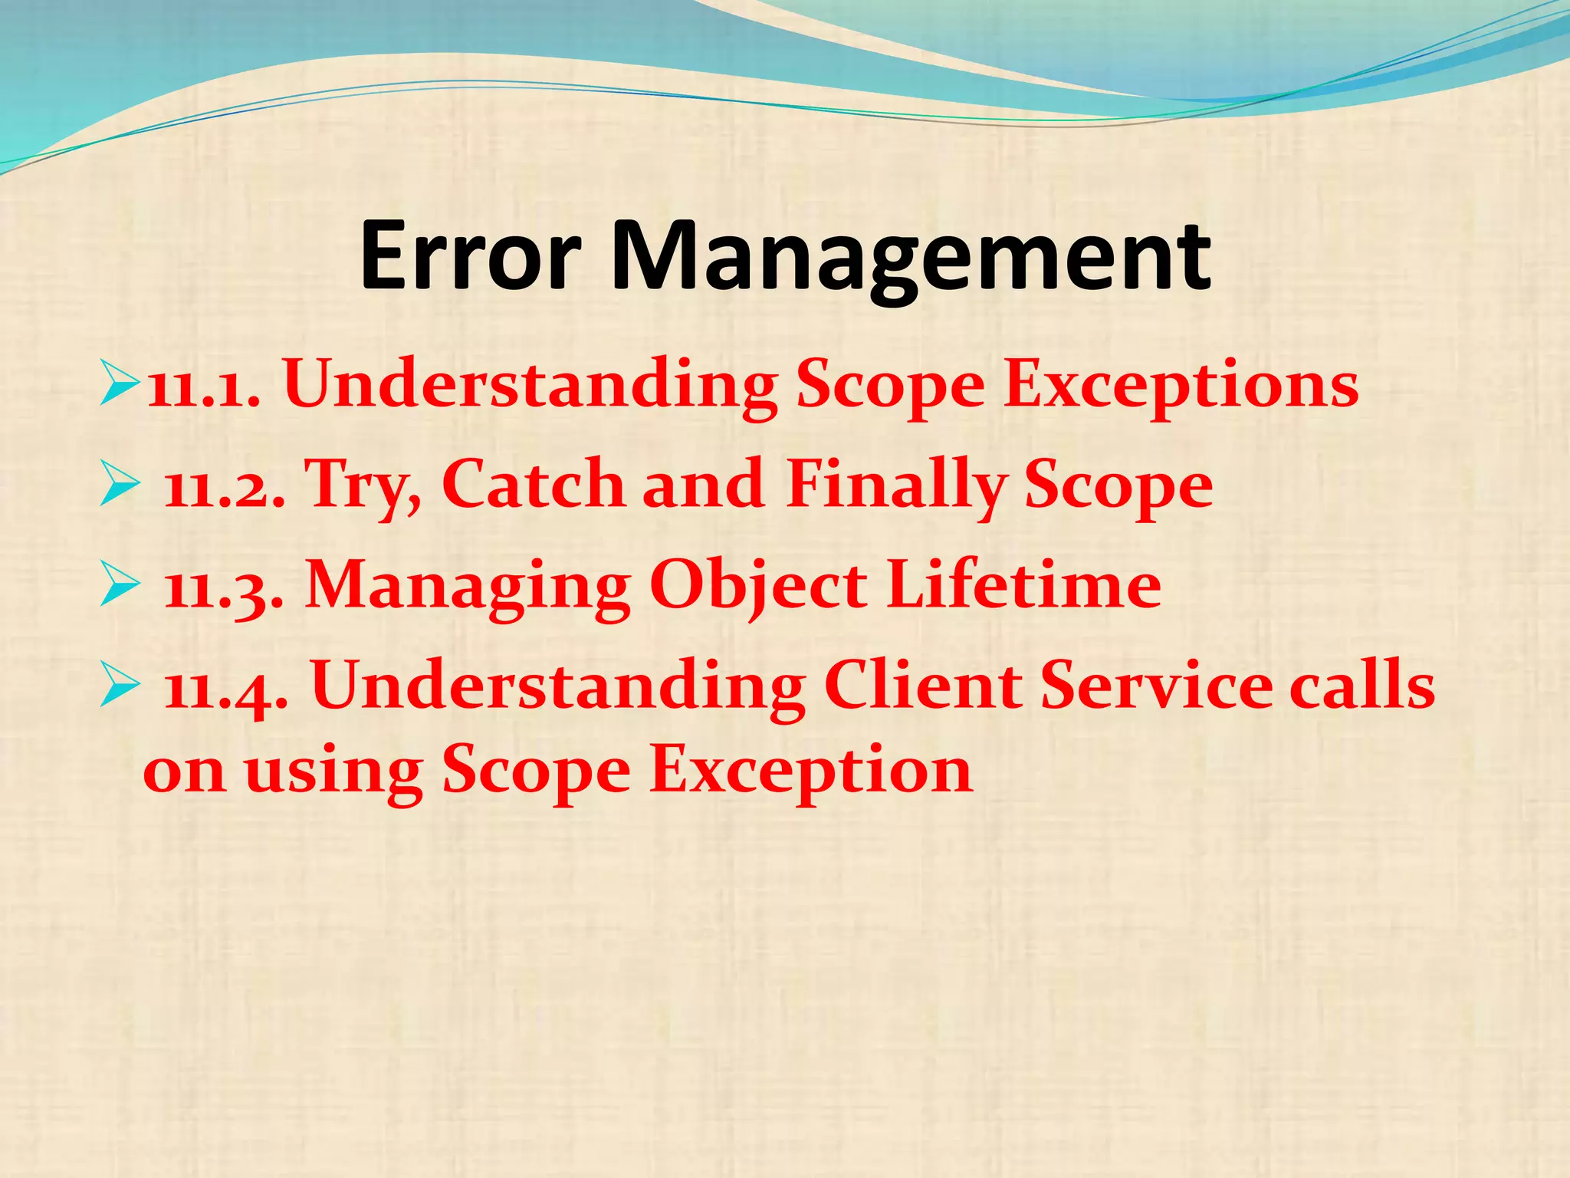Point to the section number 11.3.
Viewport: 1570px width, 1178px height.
[225, 587]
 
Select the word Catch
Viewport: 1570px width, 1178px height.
[534, 485]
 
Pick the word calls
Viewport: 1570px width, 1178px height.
[1361, 686]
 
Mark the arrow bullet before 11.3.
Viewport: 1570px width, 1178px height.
[120, 587]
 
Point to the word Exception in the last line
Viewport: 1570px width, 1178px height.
[811, 772]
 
